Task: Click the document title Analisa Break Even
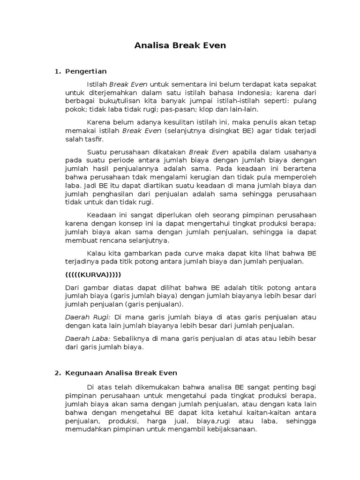click(x=180, y=45)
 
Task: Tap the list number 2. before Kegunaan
click(x=58, y=373)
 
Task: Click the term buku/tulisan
click(x=113, y=100)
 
